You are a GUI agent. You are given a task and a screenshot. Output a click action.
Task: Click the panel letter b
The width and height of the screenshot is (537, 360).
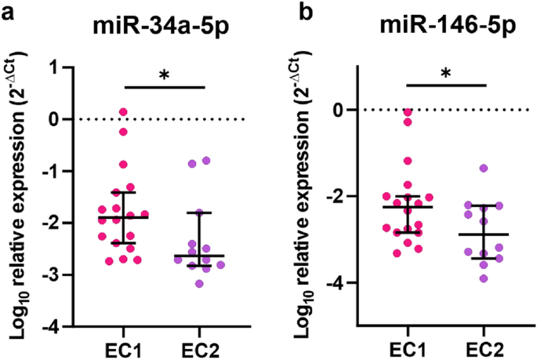pos(289,13)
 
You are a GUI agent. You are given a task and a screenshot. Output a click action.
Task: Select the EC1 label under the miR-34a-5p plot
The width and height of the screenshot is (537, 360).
pos(123,346)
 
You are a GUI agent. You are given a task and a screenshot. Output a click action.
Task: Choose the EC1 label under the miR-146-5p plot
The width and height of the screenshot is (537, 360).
pos(408,346)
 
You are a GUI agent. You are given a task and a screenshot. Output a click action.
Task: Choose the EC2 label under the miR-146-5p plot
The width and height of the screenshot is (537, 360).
pos(484,346)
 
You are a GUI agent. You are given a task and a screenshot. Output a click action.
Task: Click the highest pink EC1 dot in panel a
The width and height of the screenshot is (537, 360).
pos(123,113)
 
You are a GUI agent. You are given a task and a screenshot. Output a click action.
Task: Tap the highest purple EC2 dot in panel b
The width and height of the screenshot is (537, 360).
pos(484,169)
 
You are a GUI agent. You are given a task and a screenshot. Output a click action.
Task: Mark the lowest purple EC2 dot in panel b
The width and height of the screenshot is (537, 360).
pos(484,278)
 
